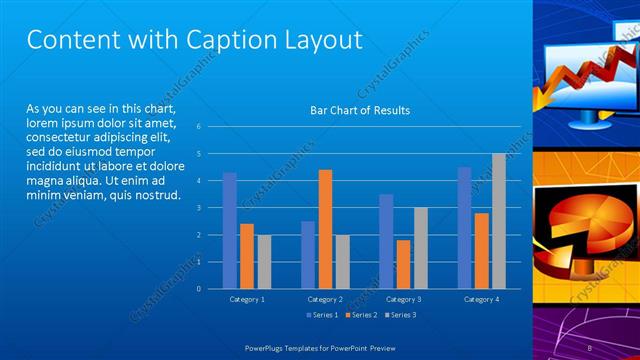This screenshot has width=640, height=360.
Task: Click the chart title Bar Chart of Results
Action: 360,110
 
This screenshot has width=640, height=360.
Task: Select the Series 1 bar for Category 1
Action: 230,230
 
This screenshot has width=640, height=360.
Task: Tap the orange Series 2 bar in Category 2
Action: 325,229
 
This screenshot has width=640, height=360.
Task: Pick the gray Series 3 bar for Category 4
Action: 498,221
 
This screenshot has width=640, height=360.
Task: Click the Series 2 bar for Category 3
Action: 403,264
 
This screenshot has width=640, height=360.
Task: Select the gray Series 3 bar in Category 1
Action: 264,261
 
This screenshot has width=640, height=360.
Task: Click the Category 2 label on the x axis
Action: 325,299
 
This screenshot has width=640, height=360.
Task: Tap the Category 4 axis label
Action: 481,299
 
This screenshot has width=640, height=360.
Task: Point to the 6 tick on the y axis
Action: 200,127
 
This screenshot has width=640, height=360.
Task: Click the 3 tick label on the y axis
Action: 200,208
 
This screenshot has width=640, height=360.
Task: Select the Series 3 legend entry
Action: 400,315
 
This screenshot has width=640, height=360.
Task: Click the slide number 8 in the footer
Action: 590,347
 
